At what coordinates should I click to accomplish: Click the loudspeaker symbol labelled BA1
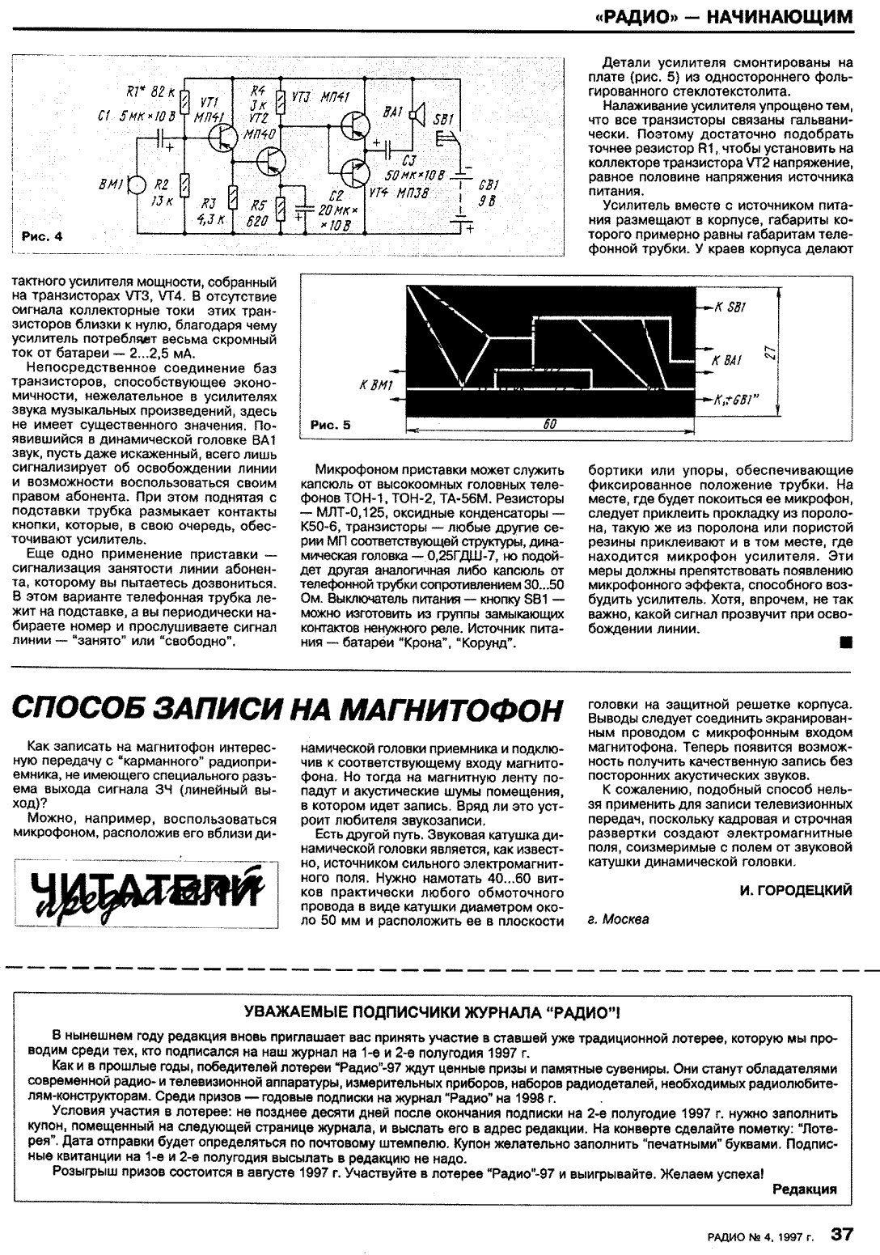416,116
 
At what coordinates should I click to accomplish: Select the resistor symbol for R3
233,195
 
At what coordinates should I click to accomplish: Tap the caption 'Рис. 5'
332,423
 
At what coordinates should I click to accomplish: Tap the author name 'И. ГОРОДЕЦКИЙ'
796,890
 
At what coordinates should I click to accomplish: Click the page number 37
841,1233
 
